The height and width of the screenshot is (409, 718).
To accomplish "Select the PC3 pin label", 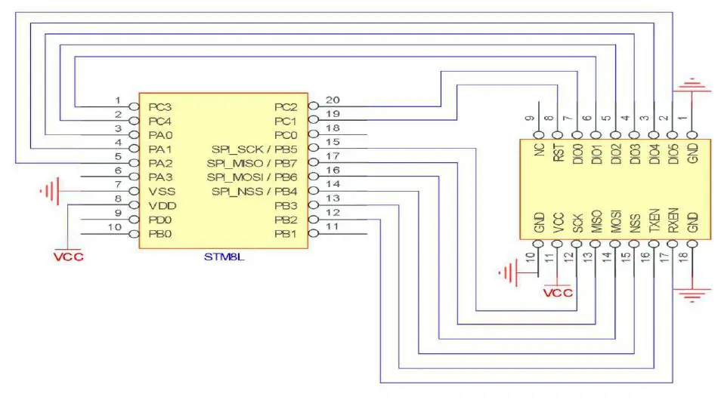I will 160,106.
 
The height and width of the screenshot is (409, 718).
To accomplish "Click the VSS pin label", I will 161,191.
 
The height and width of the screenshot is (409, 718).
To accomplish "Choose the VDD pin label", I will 162,205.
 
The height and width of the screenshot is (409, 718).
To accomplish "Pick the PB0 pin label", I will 160,234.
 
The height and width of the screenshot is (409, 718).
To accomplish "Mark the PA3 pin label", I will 160,177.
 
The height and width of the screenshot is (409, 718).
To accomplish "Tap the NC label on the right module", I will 539,150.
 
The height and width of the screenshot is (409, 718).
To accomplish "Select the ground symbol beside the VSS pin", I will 50,191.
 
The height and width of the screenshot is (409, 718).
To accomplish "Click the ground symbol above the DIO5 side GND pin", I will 692,85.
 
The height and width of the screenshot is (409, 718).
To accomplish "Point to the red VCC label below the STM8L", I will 68,257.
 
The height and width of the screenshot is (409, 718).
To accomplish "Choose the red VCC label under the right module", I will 559,293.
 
